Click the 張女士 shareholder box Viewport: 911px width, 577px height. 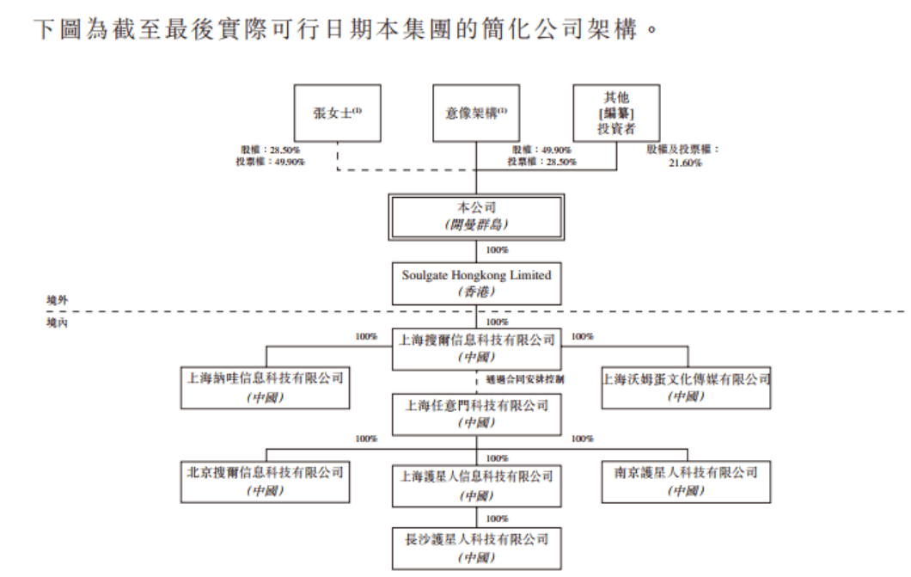[x=336, y=113]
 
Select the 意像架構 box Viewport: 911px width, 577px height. [x=476, y=113]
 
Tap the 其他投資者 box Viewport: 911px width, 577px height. [x=616, y=113]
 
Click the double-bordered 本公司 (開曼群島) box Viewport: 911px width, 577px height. [x=476, y=217]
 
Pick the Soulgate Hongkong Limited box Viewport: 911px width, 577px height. [x=476, y=283]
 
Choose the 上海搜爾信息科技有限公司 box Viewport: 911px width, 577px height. [x=476, y=347]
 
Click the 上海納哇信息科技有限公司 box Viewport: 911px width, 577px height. [x=266, y=388]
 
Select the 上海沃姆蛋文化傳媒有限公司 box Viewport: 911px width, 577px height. [x=687, y=388]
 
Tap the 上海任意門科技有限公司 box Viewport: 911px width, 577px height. [x=476, y=414]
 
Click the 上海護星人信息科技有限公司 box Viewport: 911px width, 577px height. [x=476, y=486]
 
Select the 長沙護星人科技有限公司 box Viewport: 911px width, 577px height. [x=476, y=548]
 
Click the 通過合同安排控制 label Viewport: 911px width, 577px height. [x=529, y=378]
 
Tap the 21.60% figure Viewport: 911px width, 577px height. [x=685, y=163]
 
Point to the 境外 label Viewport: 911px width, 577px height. [x=58, y=299]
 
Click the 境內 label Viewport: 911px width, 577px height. [x=58, y=321]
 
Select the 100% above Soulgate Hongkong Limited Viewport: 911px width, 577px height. [x=497, y=250]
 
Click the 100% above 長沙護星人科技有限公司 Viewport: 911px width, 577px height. [x=497, y=519]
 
